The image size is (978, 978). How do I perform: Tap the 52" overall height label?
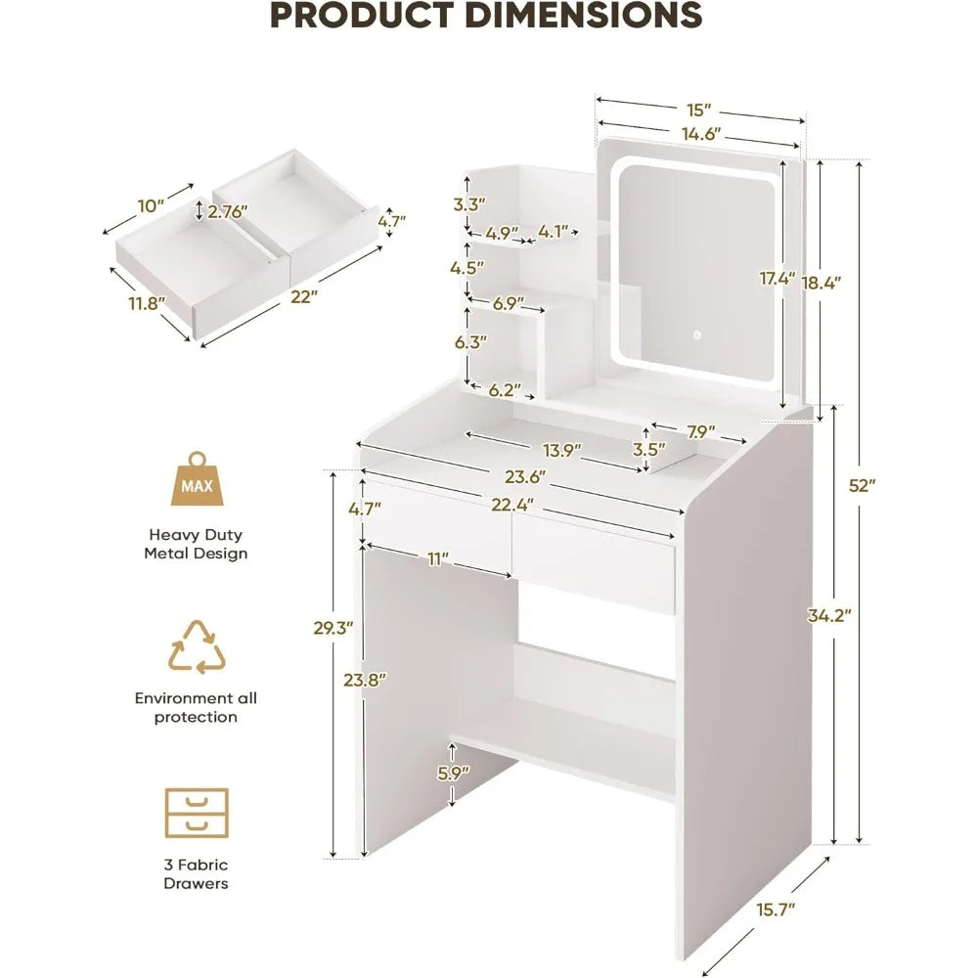click(863, 486)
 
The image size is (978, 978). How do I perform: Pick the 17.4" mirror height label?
click(778, 280)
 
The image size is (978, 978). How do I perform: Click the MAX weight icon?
click(196, 481)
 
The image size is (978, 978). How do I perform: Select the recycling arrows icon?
click(197, 646)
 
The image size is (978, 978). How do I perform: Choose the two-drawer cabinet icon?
click(196, 812)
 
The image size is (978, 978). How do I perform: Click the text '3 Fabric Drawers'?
click(196, 874)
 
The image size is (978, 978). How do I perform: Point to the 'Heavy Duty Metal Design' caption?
click(196, 544)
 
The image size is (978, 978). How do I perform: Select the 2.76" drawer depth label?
click(228, 209)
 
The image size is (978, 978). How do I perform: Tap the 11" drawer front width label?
click(437, 558)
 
